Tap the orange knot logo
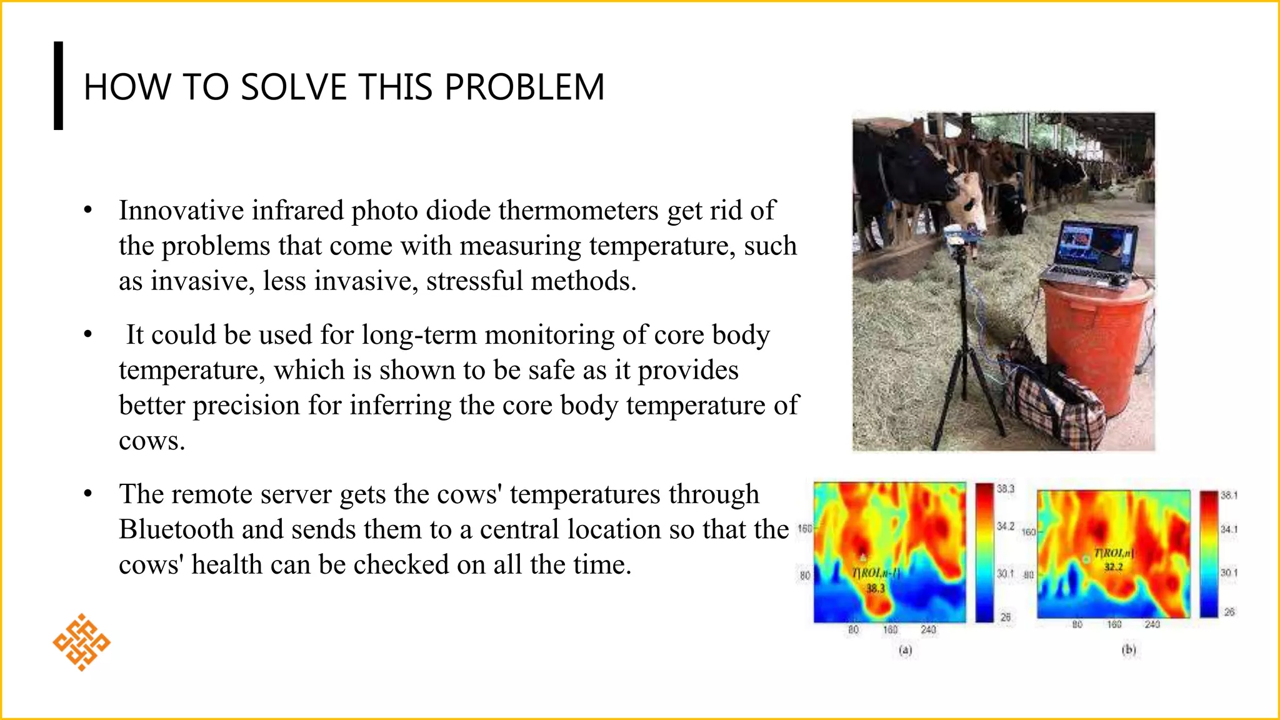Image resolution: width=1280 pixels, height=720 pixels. [x=81, y=642]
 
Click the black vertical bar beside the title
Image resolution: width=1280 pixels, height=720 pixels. [x=59, y=86]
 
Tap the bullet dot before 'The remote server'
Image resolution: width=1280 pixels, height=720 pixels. [x=88, y=494]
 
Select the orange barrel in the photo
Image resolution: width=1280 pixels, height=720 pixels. [x=1097, y=344]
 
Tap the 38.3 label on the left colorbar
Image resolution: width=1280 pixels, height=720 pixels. [x=1005, y=489]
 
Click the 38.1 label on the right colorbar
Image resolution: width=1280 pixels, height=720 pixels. [x=1229, y=495]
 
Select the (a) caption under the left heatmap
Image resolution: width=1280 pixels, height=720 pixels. [x=906, y=651]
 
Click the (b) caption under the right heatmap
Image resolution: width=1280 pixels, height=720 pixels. [x=1129, y=650]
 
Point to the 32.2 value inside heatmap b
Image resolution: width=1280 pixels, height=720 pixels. [x=1113, y=567]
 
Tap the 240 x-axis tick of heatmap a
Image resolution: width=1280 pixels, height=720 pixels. [x=928, y=630]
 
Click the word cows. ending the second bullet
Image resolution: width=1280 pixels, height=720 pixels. [x=152, y=441]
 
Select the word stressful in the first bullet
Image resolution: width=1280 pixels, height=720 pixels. [x=474, y=281]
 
